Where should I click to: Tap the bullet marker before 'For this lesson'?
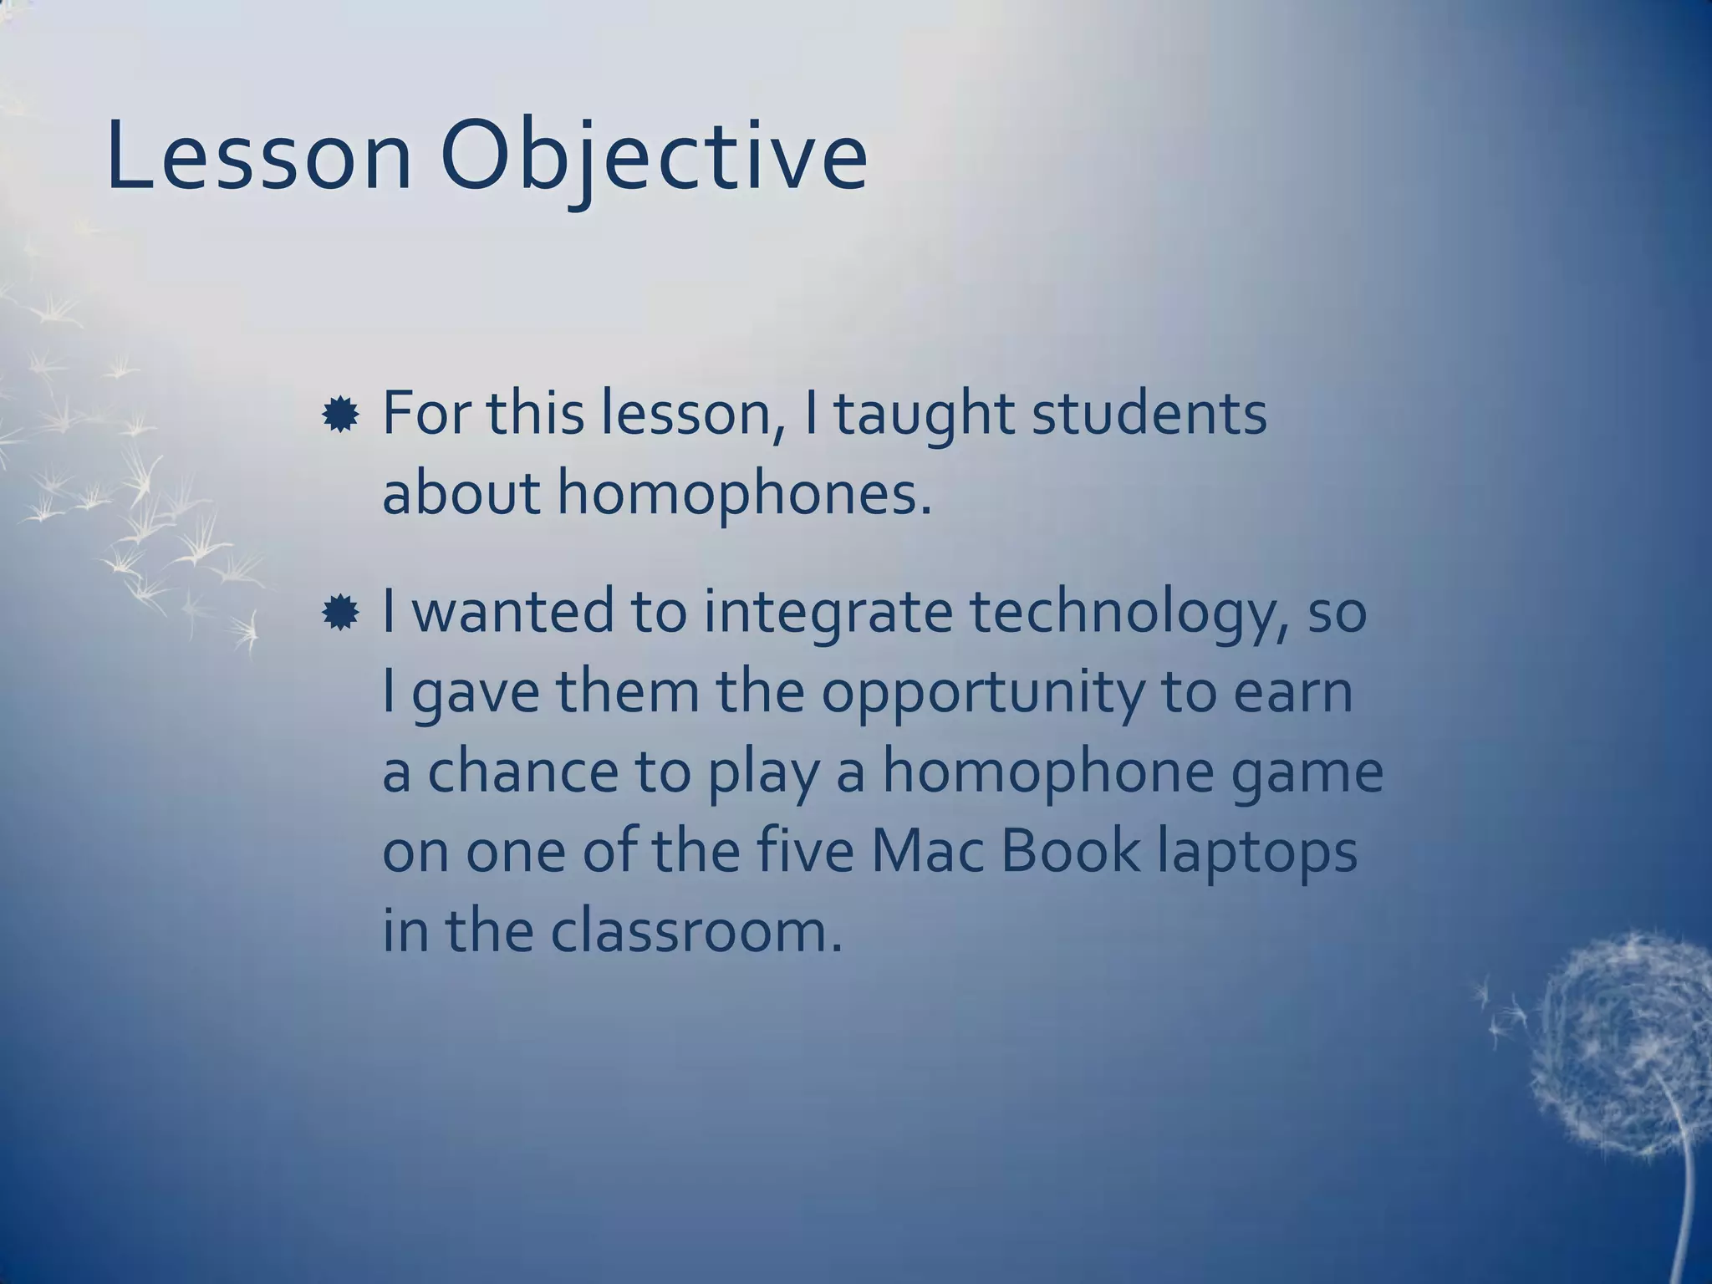click(340, 415)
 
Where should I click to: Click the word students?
click(1149, 415)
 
